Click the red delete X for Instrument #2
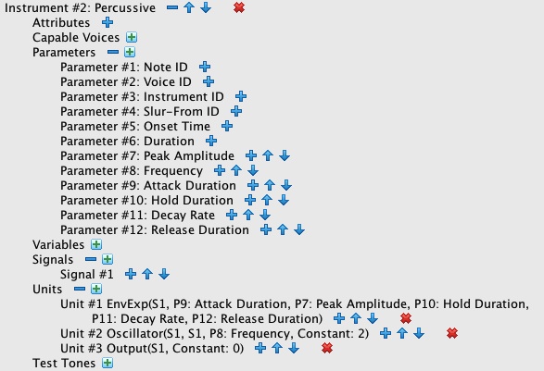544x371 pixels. point(239,7)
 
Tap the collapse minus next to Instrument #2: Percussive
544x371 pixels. point(172,7)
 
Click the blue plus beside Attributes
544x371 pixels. point(108,22)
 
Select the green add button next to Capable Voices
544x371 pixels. point(132,37)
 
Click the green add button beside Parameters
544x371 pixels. point(130,52)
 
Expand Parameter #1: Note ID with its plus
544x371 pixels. point(205,67)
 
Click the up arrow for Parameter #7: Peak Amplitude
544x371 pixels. point(268,155)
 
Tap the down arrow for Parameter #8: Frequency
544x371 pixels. point(253,170)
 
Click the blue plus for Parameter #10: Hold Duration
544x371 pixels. point(250,200)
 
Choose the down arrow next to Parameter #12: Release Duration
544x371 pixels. point(299,229)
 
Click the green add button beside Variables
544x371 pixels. point(96,244)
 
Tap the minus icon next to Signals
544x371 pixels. point(91,259)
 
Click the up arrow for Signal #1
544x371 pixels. point(147,274)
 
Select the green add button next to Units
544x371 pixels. point(96,289)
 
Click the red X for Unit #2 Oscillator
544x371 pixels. point(452,333)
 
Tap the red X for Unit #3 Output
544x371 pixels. point(327,348)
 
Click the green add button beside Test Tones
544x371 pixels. point(108,363)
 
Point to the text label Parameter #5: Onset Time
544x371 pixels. point(135,127)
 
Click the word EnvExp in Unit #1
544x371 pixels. point(127,304)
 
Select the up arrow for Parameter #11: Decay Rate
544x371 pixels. point(248,216)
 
